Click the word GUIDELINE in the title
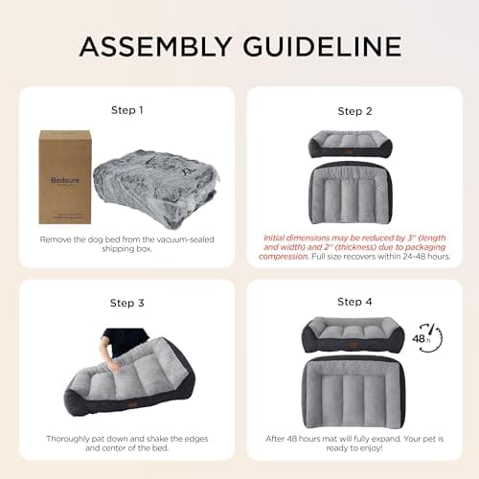(x=320, y=45)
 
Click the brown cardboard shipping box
(x=64, y=177)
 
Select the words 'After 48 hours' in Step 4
(x=292, y=438)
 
